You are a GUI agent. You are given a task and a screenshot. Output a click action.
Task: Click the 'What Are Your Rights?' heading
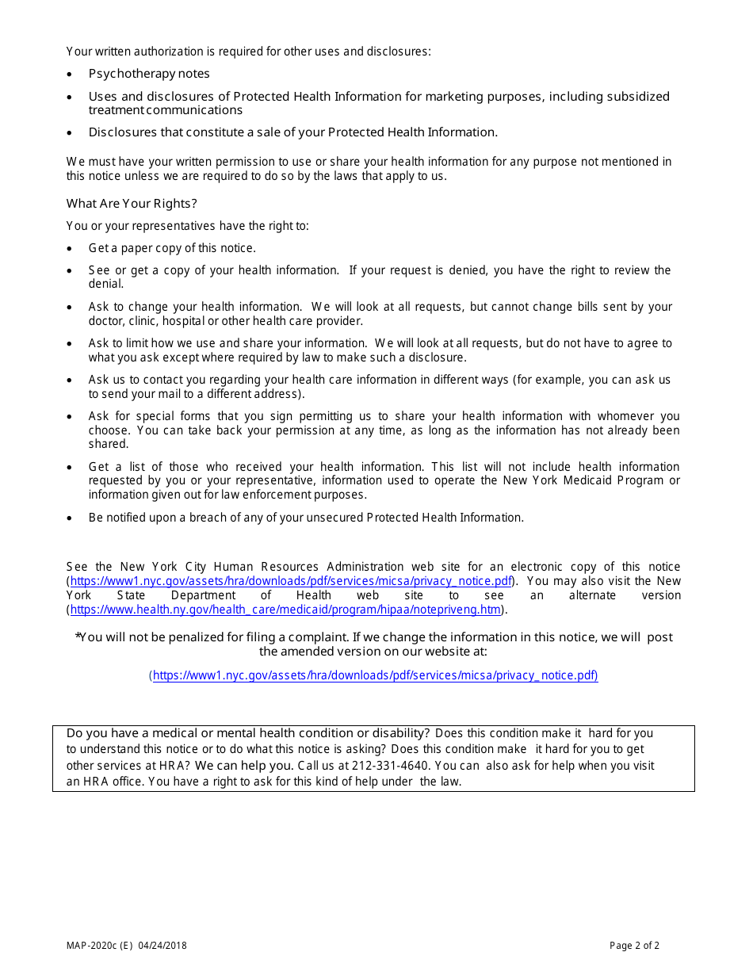point(132,204)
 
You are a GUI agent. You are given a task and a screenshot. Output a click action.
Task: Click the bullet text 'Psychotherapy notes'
point(149,74)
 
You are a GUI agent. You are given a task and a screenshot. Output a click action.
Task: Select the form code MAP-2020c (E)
point(100,946)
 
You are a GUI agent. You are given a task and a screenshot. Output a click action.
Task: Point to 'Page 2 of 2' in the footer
point(634,946)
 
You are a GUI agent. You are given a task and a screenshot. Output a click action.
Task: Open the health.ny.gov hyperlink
point(285,610)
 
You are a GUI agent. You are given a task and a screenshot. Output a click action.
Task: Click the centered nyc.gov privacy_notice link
point(375,675)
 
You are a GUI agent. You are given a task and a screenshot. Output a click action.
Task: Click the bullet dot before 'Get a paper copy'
point(71,249)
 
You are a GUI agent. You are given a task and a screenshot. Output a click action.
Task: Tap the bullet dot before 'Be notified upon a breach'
point(71,518)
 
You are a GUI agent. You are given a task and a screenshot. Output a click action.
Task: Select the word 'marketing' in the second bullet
point(453,97)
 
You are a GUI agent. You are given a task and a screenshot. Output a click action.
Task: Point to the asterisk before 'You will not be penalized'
point(78,636)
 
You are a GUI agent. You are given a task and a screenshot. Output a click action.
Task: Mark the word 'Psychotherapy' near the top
point(128,74)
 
